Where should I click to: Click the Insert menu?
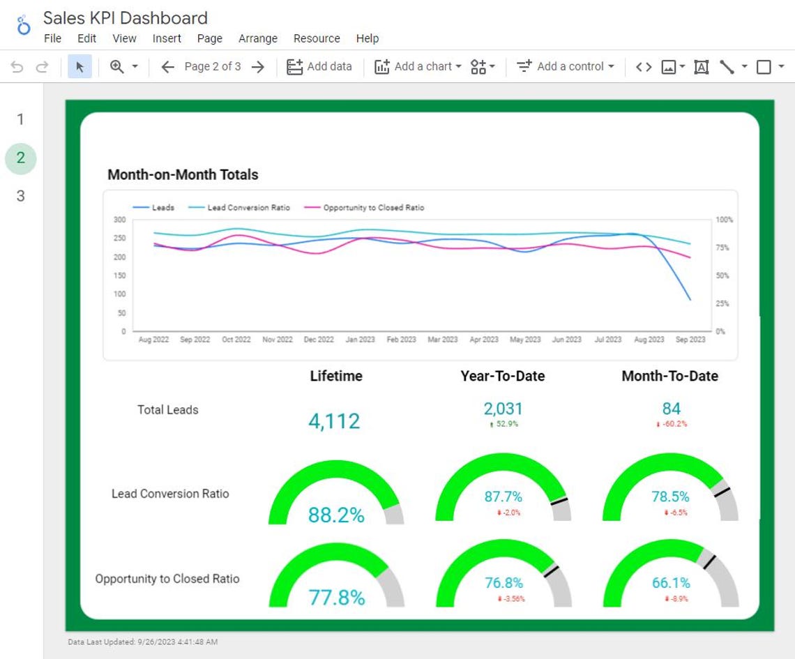[167, 38]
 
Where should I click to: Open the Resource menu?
[317, 38]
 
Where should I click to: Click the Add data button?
[319, 66]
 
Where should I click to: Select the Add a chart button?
[418, 66]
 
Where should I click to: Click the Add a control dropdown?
[566, 66]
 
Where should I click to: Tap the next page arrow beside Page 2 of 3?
[258, 66]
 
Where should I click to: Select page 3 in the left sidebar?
[20, 196]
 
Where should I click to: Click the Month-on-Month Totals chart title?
[183, 174]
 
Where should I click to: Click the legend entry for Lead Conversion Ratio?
[248, 208]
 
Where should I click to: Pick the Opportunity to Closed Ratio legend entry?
[373, 208]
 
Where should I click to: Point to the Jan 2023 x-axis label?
[360, 340]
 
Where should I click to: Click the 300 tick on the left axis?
[119, 220]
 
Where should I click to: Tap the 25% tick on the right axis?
[721, 304]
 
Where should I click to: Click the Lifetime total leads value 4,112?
[334, 421]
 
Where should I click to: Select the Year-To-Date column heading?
[502, 376]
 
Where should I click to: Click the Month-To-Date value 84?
[671, 409]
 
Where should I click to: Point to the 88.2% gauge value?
[336, 515]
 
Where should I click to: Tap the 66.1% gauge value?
[670, 583]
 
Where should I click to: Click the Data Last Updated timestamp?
[142, 642]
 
